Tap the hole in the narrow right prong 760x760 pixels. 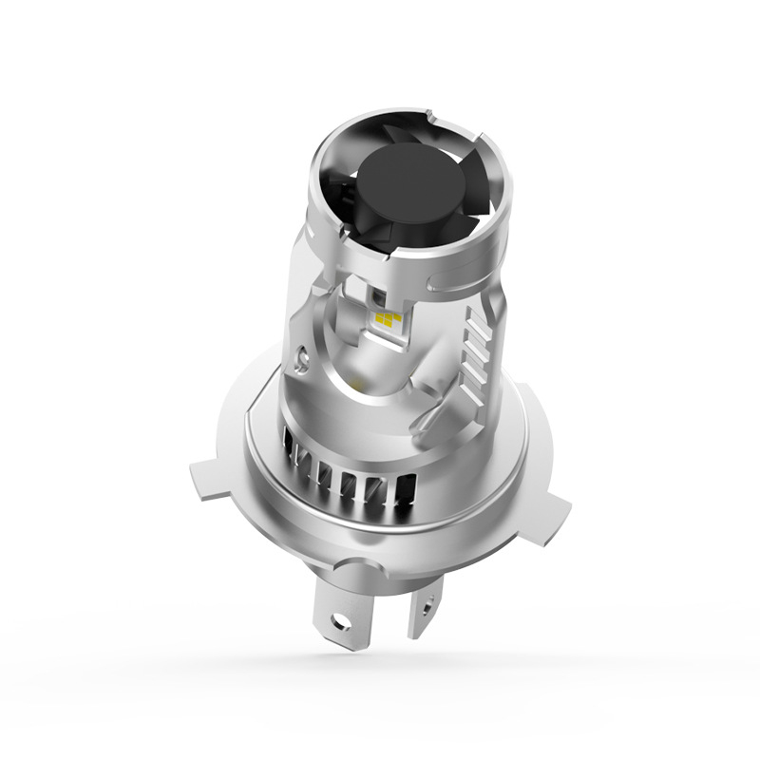[x=429, y=600]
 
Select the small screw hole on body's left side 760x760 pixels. [x=302, y=358]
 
